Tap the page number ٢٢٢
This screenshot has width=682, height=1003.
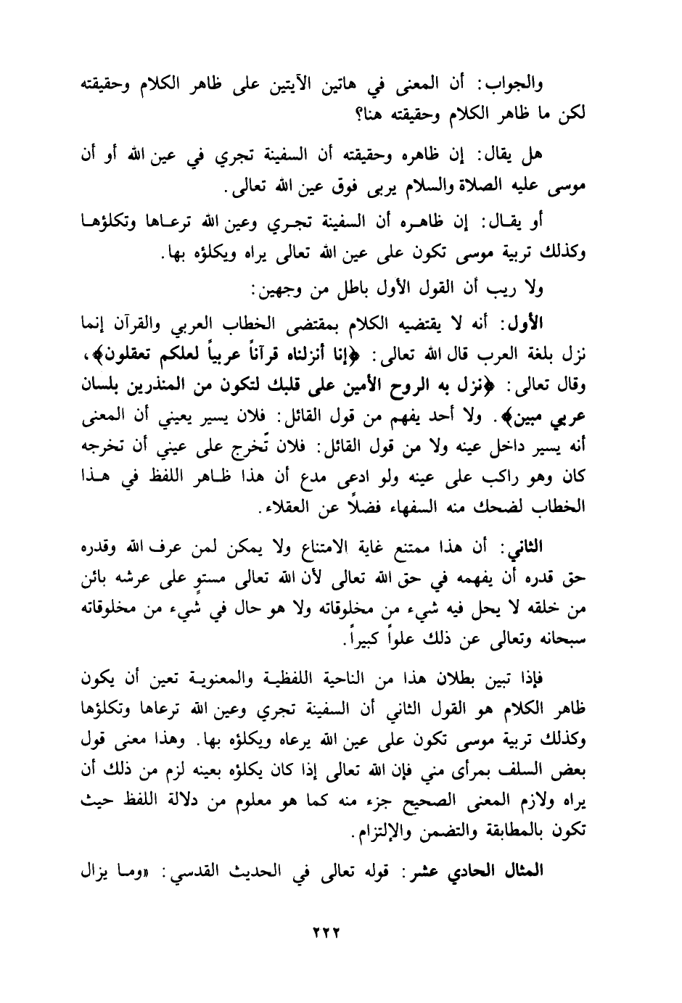pyautogui.click(x=323, y=931)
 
